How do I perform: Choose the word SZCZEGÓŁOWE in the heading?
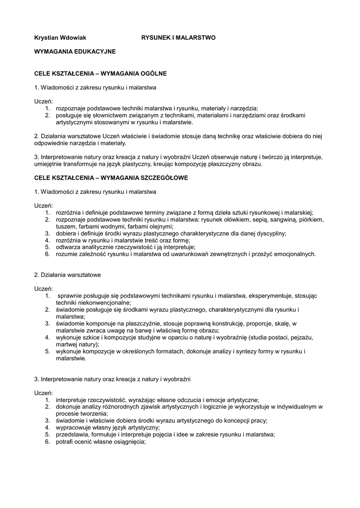click(160, 177)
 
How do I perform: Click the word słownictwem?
click(101, 115)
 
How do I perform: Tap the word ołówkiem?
click(226, 219)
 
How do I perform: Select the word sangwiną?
click(279, 219)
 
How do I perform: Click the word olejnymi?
click(160, 226)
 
